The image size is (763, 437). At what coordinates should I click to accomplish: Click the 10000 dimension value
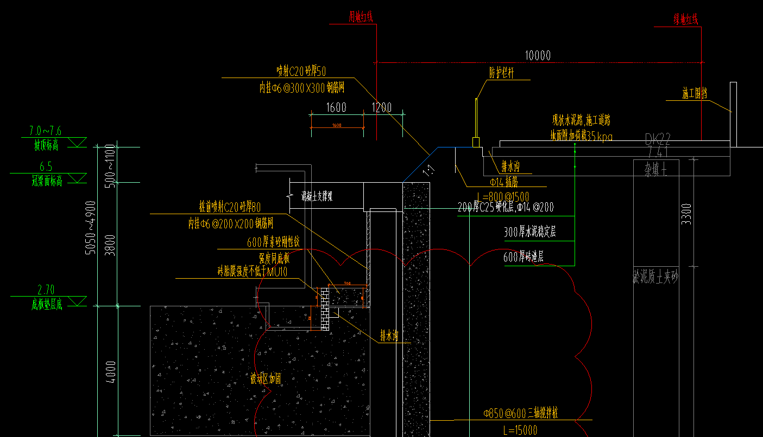(538, 55)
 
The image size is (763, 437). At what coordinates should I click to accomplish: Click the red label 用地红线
(361, 18)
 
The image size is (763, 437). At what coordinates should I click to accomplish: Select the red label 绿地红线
(686, 20)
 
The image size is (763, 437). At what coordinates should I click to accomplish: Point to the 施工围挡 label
(695, 94)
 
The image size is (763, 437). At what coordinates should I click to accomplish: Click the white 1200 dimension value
(381, 107)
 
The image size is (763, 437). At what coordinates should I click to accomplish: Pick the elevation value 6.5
(46, 167)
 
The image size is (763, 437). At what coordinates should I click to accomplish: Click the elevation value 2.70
(46, 290)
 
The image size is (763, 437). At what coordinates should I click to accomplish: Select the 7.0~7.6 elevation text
(46, 131)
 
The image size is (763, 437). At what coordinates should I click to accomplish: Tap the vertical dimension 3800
(111, 245)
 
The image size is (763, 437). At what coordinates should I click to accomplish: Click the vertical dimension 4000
(111, 372)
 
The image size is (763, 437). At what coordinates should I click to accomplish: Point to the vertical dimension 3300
(686, 214)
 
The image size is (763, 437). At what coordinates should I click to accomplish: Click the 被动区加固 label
(266, 379)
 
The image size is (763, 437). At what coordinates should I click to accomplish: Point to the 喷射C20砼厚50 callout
(301, 70)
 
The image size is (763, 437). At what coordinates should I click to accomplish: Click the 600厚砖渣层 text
(524, 258)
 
